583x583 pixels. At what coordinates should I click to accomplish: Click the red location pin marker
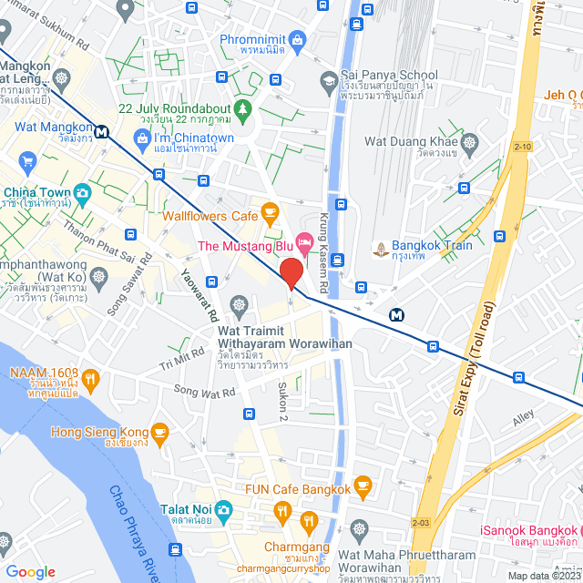(291, 274)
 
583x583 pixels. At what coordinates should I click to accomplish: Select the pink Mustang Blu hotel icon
(304, 245)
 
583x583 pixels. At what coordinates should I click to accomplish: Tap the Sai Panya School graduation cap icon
(327, 82)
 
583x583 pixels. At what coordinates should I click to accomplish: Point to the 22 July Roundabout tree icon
(242, 109)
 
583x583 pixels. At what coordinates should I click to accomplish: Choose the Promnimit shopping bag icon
(297, 40)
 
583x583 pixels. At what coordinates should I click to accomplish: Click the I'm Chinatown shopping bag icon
(140, 138)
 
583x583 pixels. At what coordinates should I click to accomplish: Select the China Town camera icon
(82, 192)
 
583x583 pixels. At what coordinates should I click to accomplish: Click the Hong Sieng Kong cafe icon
(160, 431)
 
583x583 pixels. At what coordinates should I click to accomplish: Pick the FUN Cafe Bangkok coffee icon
(363, 484)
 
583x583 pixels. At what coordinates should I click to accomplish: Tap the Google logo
(30, 571)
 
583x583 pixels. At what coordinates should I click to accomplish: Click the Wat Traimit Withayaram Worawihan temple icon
(239, 303)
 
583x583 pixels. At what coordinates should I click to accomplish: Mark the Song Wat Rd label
(203, 389)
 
